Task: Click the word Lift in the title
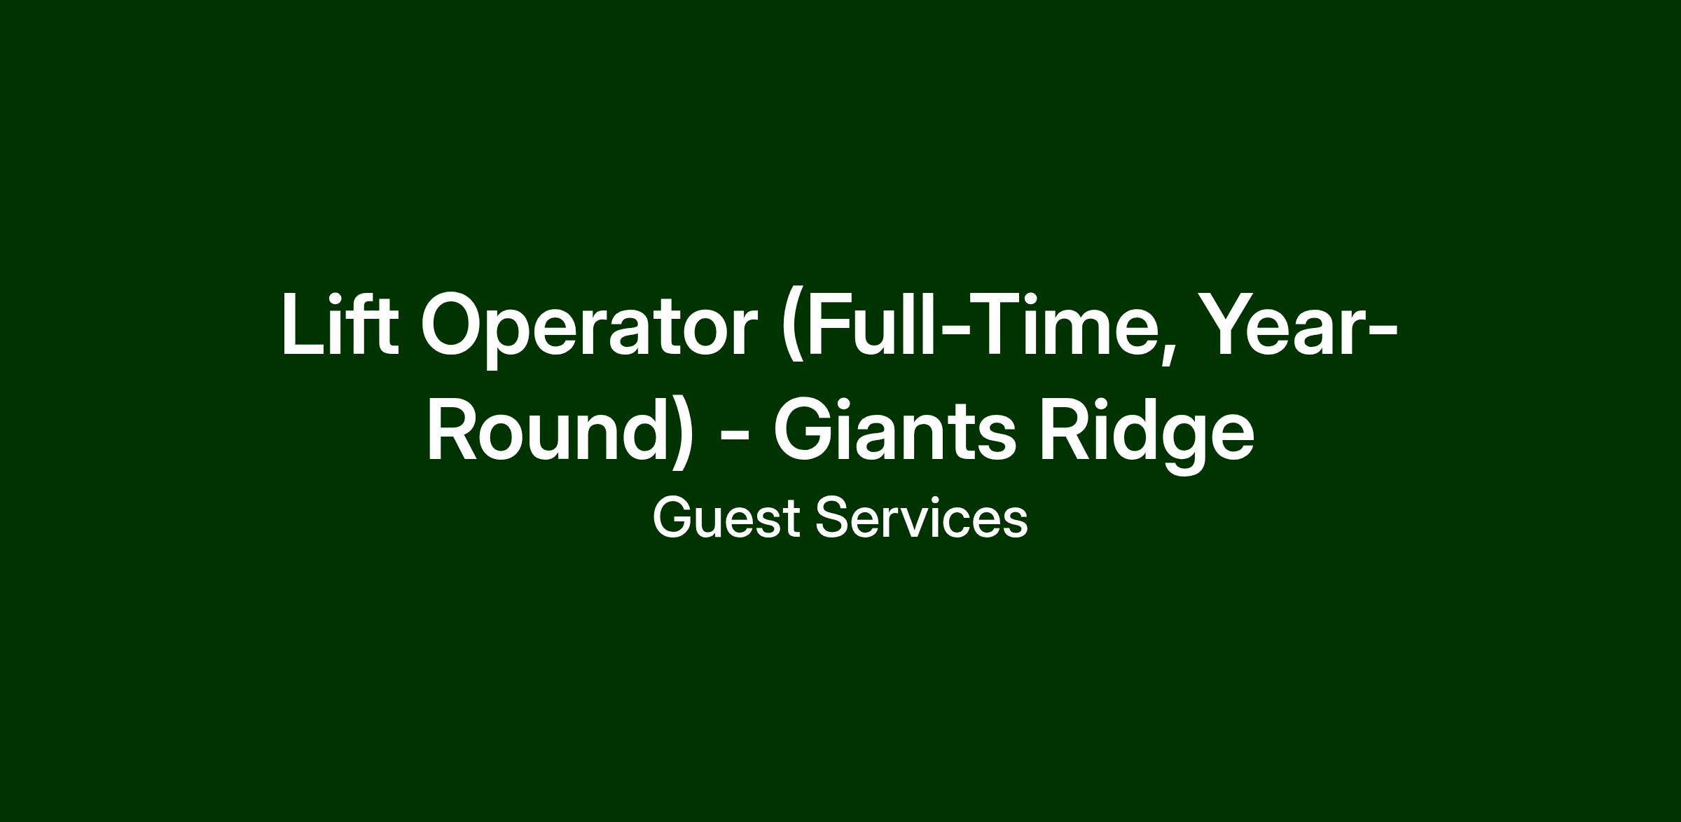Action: [x=340, y=324]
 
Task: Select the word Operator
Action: [x=589, y=329]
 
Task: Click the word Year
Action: [x=1285, y=324]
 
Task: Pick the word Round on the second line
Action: [x=546, y=429]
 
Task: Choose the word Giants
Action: [x=894, y=428]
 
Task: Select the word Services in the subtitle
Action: [x=922, y=518]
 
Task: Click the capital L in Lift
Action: [x=304, y=324]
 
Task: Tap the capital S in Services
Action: [x=833, y=518]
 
